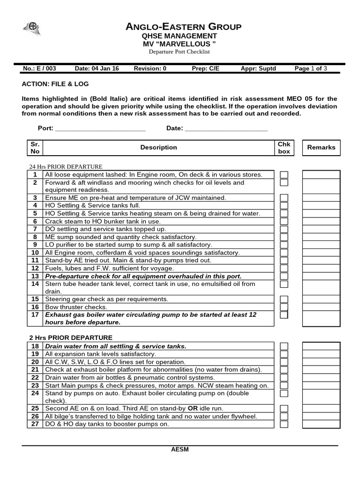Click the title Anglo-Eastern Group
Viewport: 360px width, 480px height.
point(184,27)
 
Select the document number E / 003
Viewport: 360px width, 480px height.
point(45,68)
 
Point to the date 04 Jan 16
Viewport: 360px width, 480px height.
point(105,68)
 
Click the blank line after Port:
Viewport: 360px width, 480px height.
point(100,128)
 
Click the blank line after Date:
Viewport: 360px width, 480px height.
point(226,128)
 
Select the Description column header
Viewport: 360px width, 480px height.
point(158,148)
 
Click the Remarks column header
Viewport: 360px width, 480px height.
point(321,147)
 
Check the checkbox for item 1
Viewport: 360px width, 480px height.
point(284,175)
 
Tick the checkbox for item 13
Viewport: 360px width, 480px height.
point(284,276)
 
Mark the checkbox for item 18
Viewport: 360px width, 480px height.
point(284,346)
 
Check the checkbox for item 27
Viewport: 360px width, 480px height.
point(284,424)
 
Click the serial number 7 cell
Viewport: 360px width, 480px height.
point(35,229)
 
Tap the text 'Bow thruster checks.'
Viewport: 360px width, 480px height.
point(76,307)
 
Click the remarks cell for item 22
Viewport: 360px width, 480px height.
point(321,377)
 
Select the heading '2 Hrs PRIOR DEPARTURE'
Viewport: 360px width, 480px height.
point(71,337)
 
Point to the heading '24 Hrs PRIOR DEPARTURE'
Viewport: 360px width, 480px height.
point(66,166)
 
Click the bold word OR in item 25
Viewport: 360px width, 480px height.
point(193,409)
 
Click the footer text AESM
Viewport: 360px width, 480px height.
point(180,450)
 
